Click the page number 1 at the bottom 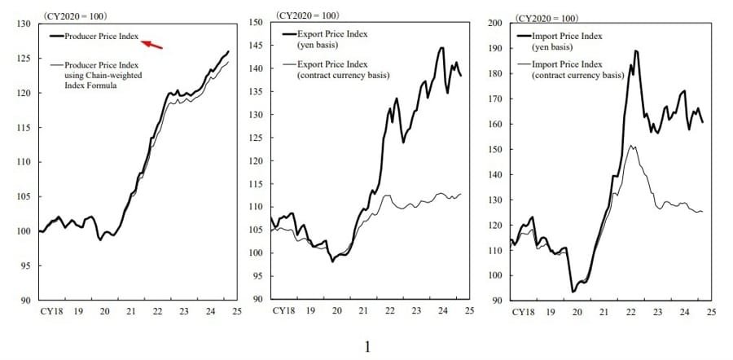click(367, 347)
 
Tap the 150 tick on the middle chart click(257, 23)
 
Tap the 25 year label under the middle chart click(463, 311)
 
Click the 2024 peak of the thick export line click(441, 47)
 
